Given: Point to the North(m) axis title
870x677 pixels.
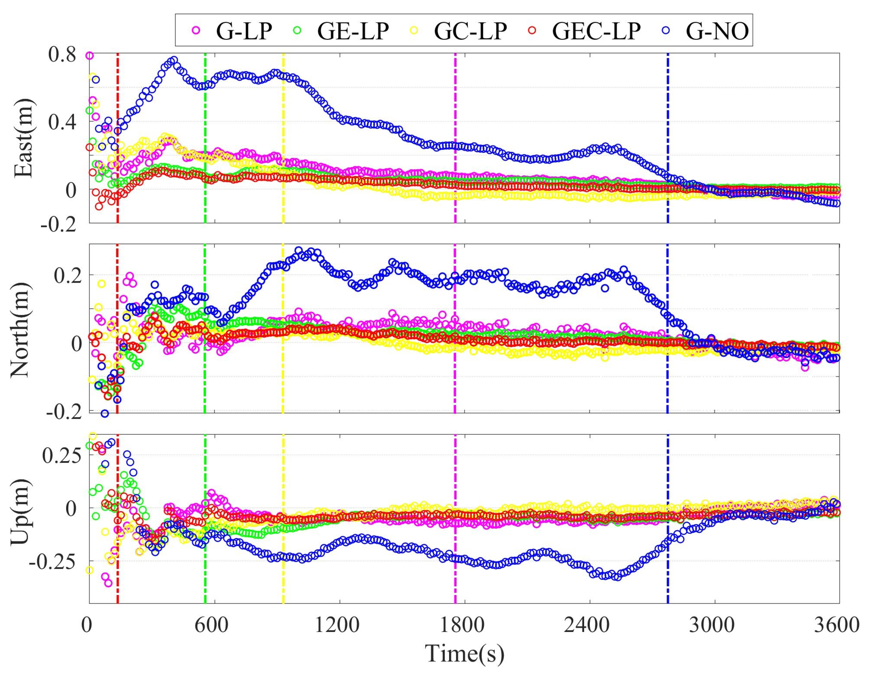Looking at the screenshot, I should tap(20, 329).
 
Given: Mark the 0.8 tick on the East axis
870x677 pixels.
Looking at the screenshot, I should tap(62, 55).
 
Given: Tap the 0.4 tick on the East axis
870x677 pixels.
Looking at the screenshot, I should tap(62, 121).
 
